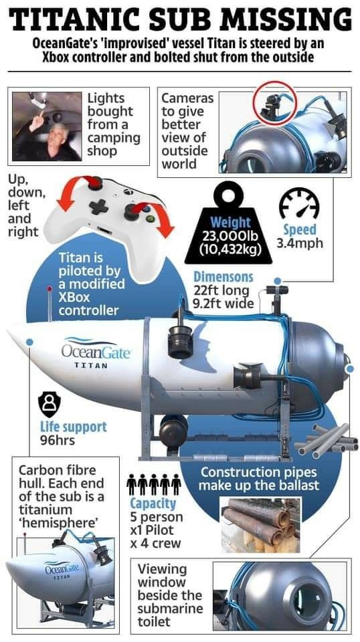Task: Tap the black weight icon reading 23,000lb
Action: [228, 223]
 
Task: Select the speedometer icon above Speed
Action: [299, 203]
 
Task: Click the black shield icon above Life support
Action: [49, 404]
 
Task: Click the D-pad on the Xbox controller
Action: [99, 207]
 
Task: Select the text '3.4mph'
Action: [300, 243]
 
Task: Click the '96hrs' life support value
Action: [58, 441]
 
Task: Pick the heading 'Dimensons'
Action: [223, 277]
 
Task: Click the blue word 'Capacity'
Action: [153, 503]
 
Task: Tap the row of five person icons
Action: [154, 484]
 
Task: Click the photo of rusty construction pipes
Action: [261, 524]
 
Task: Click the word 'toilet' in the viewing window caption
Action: [154, 621]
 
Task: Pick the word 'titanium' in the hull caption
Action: [46, 510]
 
